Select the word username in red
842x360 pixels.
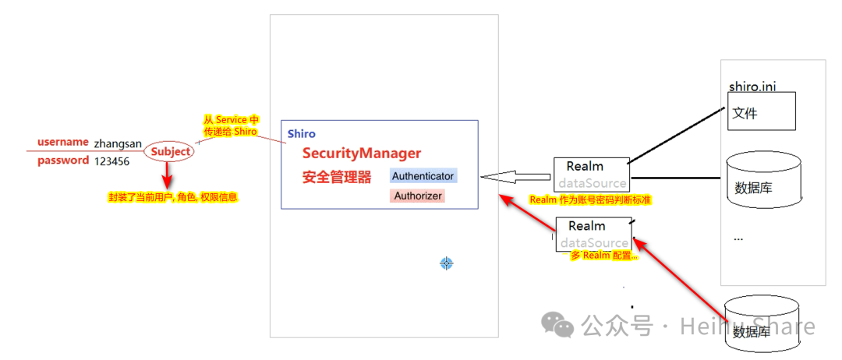point(63,142)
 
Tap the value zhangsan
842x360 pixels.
point(118,143)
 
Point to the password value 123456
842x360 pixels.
point(111,161)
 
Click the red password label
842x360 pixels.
point(63,161)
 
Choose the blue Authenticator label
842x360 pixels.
point(423,176)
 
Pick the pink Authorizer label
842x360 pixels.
point(418,196)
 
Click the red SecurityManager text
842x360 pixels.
point(362,153)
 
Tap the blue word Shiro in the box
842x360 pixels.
point(302,134)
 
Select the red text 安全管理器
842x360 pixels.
point(337,177)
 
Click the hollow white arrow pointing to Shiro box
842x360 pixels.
point(515,176)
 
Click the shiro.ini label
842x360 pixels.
point(752,86)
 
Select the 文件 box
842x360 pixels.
point(761,111)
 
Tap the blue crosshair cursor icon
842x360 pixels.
point(446,263)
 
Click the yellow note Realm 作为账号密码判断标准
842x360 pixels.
point(590,200)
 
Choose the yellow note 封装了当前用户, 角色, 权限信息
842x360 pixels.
point(172,198)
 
